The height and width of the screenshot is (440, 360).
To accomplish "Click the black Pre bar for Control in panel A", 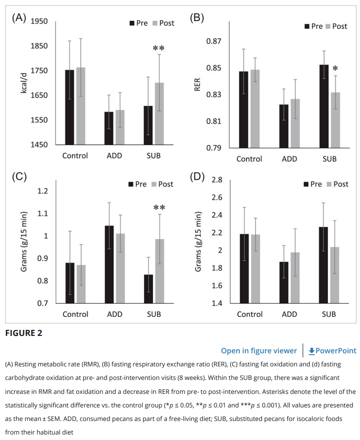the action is pyautogui.click(x=69, y=107).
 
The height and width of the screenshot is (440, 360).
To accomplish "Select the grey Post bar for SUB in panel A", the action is pyautogui.click(x=159, y=114).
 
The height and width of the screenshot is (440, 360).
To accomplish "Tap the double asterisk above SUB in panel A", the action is pyautogui.click(x=159, y=48).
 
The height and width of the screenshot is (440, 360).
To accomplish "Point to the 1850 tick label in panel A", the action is pyautogui.click(x=39, y=46).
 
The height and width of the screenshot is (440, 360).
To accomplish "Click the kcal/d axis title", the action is pyautogui.click(x=24, y=83).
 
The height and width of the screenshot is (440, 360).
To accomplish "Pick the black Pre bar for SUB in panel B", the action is pyautogui.click(x=324, y=106).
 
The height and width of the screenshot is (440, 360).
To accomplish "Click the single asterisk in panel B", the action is pyautogui.click(x=335, y=69).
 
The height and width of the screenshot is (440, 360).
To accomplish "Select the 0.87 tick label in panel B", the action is pyautogui.click(x=214, y=41).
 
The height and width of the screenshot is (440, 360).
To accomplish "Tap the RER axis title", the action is pyautogui.click(x=197, y=85).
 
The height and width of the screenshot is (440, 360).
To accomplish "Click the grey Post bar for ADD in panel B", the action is pyautogui.click(x=295, y=124).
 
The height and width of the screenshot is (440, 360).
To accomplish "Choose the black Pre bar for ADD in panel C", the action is pyautogui.click(x=109, y=264).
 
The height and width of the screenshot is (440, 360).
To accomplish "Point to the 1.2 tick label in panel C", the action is pyautogui.click(x=43, y=191).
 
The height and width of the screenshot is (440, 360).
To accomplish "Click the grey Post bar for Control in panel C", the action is pyautogui.click(x=81, y=284).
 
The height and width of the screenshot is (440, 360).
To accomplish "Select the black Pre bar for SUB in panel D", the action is pyautogui.click(x=323, y=265).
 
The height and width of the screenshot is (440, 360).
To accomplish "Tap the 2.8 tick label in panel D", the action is pyautogui.click(x=217, y=179).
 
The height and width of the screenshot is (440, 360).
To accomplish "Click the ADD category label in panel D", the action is pyautogui.click(x=289, y=314).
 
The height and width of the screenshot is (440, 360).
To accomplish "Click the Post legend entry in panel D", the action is pyautogui.click(x=338, y=184).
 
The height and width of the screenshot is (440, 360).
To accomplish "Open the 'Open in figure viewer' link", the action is pyautogui.click(x=259, y=351).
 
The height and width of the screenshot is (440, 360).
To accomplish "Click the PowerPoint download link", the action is pyautogui.click(x=333, y=351).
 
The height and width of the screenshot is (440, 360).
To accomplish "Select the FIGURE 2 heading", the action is pyautogui.click(x=24, y=333).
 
